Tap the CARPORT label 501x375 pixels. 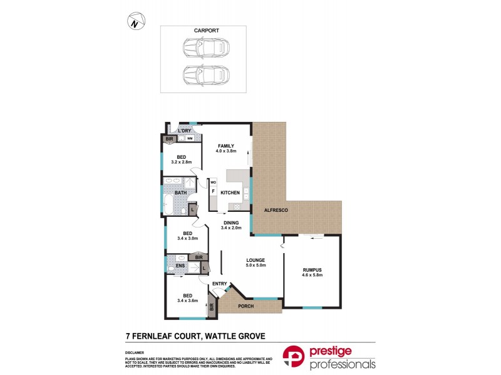(x=206, y=30)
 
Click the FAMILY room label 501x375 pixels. (x=225, y=146)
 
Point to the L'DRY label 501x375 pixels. (x=184, y=130)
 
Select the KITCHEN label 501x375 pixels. (x=230, y=192)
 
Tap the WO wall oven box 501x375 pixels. (x=213, y=182)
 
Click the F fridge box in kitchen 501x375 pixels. (x=213, y=191)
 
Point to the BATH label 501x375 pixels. (x=180, y=192)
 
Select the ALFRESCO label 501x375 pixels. (x=275, y=211)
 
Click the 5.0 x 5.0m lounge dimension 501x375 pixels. (x=256, y=266)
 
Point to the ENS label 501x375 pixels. (x=180, y=266)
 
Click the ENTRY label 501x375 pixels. (x=219, y=284)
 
